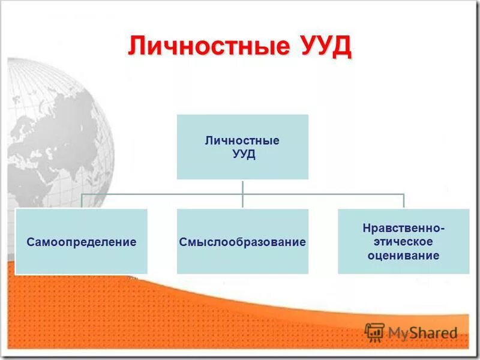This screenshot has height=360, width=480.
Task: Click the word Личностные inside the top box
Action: (x=242, y=141)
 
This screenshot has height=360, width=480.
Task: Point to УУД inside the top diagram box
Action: (x=242, y=154)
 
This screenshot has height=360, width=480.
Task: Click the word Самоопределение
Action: (x=82, y=242)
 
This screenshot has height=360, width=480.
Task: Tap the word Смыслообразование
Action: (x=242, y=242)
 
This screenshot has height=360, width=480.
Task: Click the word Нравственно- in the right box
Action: (x=403, y=229)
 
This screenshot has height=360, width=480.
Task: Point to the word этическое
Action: (x=403, y=242)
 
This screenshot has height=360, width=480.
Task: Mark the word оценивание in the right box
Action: (x=403, y=256)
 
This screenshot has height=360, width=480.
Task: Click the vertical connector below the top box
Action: (x=242, y=187)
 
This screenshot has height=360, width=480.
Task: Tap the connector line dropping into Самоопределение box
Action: (x=82, y=202)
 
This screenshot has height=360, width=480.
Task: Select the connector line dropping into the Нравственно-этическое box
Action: (x=403, y=202)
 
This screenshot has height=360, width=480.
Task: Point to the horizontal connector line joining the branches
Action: (x=162, y=194)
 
